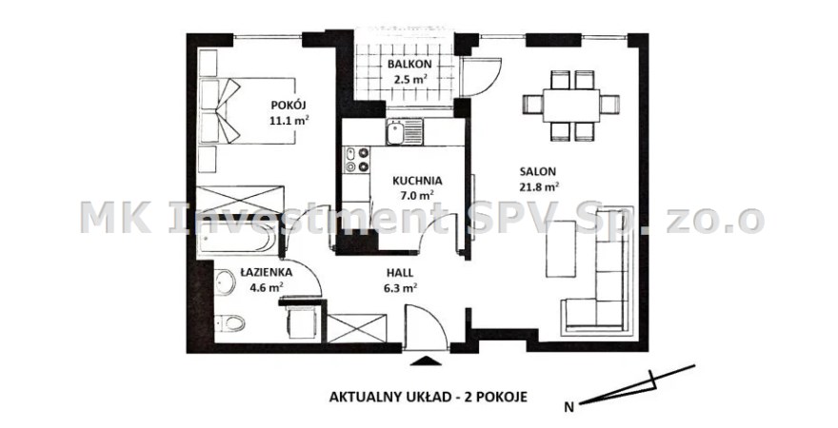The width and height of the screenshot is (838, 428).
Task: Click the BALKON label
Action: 409,64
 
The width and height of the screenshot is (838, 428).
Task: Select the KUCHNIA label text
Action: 417,181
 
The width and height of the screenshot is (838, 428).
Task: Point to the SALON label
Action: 538,172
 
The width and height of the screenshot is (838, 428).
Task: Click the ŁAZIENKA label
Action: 266,272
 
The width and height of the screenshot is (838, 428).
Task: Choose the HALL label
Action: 400,273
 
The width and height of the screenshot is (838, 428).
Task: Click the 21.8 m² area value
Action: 539,186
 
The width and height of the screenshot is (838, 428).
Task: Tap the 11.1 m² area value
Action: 289,120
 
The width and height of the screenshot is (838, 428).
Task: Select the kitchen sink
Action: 405,132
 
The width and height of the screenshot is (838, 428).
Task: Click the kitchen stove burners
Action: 356,160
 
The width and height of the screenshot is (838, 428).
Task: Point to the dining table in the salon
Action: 571,106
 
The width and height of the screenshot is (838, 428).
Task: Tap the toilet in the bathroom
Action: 230,322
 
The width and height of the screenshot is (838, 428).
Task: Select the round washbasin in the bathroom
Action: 226,282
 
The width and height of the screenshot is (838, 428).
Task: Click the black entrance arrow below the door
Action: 427,360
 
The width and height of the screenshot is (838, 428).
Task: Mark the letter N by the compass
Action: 569,408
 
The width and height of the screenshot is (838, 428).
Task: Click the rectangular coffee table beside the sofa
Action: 561,249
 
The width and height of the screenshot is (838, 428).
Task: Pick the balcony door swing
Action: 481,76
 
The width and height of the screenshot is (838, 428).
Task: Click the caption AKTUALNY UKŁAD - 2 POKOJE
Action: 429,397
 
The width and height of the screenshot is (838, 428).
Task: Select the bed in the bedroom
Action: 247,111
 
